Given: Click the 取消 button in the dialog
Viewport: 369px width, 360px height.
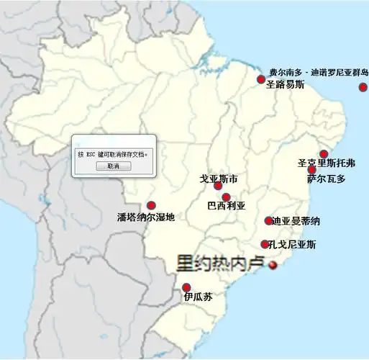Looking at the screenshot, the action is (x=113, y=166).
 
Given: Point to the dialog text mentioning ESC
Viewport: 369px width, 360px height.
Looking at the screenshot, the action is (x=113, y=154).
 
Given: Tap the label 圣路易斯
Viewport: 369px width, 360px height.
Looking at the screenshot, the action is (x=285, y=84).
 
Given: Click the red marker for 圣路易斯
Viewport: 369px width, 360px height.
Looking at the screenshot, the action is (x=262, y=80).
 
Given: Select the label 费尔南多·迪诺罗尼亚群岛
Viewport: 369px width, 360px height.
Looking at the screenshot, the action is (x=319, y=73).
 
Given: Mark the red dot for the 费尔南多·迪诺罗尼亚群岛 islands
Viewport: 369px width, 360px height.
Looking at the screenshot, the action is (x=363, y=88).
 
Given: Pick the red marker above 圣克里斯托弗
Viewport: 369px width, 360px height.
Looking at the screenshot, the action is (x=324, y=153).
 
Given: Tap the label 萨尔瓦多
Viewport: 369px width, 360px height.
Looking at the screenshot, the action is (x=326, y=178).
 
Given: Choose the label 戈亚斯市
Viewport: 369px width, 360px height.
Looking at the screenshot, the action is (x=219, y=178).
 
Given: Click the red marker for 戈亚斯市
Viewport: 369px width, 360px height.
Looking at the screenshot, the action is (x=219, y=186).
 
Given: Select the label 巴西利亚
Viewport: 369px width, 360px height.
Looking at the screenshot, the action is (x=226, y=205).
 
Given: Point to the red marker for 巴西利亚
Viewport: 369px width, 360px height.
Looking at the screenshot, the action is (x=226, y=197).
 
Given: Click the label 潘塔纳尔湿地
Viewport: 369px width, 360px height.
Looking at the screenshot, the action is (x=146, y=217).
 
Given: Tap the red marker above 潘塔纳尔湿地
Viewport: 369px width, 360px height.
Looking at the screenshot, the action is (x=151, y=205).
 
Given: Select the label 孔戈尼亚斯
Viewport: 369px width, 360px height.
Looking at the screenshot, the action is (x=292, y=245).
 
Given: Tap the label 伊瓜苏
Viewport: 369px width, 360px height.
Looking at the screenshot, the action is (x=197, y=297).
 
